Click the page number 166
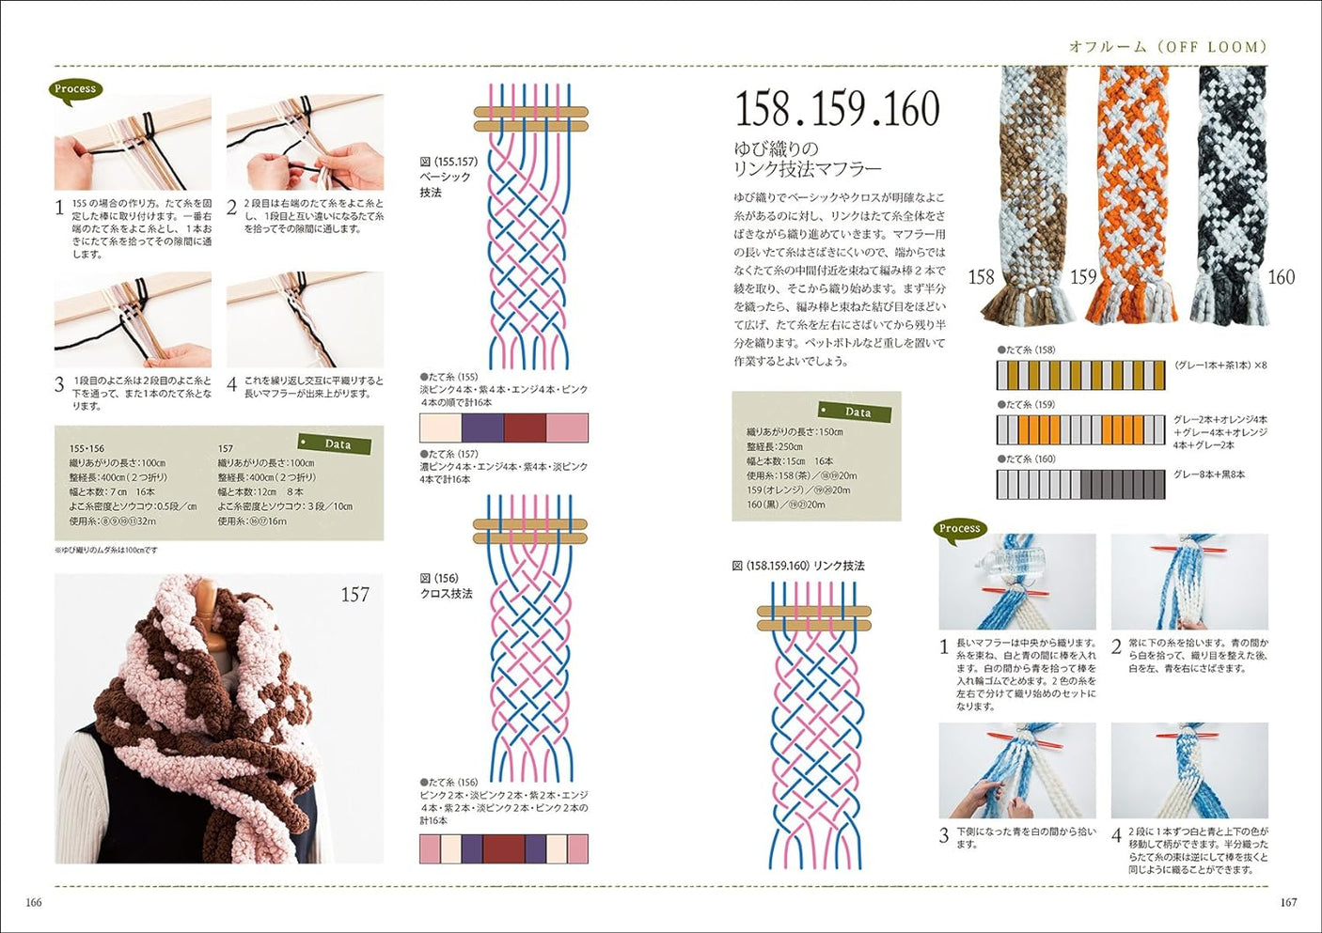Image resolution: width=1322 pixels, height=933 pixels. tap(33, 903)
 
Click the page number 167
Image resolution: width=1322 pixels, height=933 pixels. tap(1288, 903)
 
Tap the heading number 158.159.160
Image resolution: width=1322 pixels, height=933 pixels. tap(837, 109)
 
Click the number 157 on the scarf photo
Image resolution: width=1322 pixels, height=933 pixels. tap(354, 595)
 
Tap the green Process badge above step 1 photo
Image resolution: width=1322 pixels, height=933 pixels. tap(75, 89)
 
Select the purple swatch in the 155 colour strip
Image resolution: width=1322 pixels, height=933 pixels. tap(482, 428)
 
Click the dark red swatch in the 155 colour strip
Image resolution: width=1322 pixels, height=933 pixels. tap(525, 428)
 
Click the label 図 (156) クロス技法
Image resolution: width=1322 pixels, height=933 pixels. tap(446, 586)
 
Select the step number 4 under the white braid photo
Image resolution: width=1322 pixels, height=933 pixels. tap(1116, 834)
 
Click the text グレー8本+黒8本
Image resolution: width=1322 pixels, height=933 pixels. tap(1208, 474)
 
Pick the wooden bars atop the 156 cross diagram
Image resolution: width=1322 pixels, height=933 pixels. tap(529, 532)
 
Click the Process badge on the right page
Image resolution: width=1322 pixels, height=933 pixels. tap(959, 528)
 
